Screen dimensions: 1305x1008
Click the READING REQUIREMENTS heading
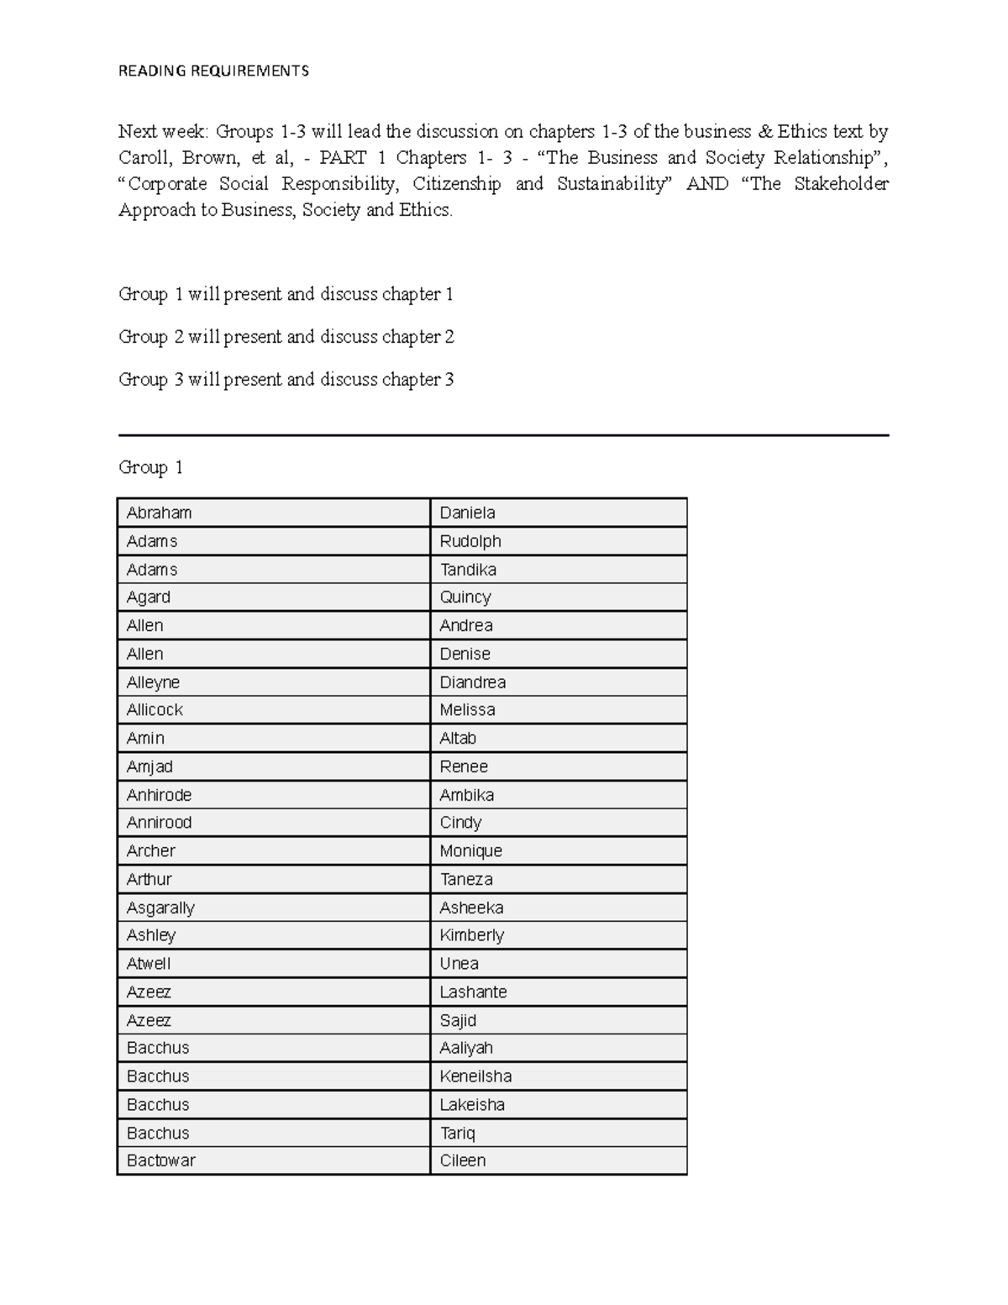(213, 71)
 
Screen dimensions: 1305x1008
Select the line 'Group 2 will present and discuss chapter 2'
(286, 337)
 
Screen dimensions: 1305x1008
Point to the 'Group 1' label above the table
(150, 467)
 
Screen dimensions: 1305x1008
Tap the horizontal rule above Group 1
(503, 435)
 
